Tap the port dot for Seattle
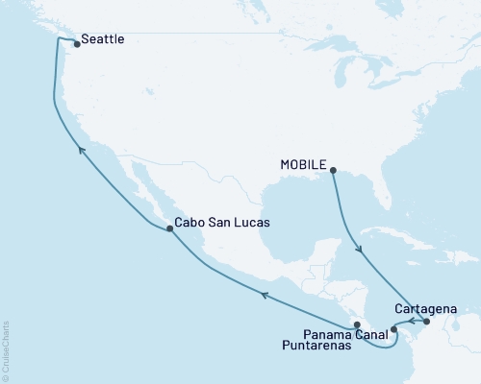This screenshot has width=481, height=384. [75, 41]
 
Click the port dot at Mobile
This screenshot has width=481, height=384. [333, 171]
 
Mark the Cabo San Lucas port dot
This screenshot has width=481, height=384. [170, 228]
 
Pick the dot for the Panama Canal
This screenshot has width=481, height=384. [393, 329]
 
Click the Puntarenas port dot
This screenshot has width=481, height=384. [356, 324]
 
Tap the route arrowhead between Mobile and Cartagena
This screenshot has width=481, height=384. [361, 251]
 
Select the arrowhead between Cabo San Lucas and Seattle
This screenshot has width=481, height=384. [81, 149]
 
